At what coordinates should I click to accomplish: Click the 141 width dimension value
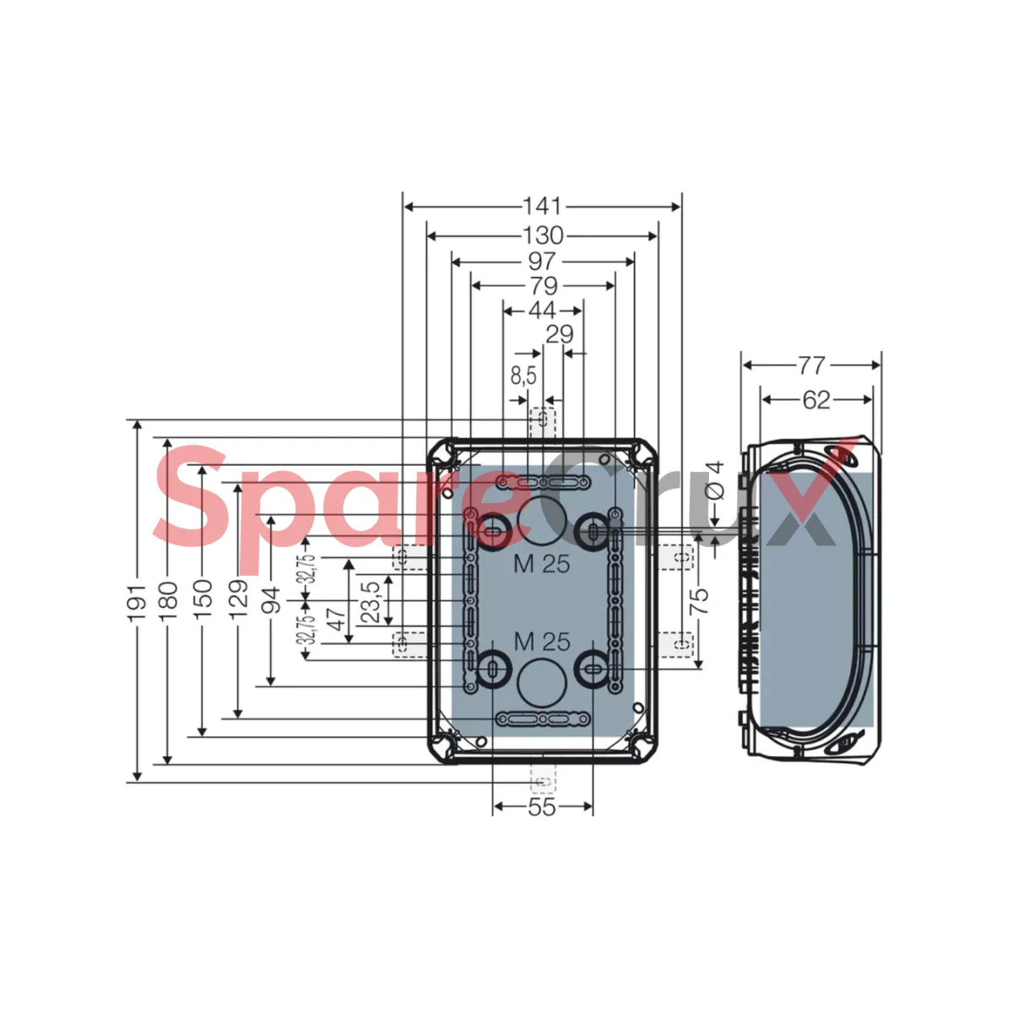(542, 207)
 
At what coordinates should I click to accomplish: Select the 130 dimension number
(543, 236)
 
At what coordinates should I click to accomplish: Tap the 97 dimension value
(542, 261)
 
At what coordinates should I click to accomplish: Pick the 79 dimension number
(543, 286)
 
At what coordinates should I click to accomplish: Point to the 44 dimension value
(542, 311)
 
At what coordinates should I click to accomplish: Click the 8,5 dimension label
(523, 376)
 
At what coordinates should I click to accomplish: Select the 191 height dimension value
(138, 602)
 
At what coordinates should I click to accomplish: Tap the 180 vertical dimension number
(168, 600)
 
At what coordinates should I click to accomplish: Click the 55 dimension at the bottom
(542, 807)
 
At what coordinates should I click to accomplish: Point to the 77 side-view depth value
(811, 366)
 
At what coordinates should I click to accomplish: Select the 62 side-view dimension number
(816, 401)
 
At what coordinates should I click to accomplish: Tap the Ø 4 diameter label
(714, 481)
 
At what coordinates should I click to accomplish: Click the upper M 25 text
(542, 564)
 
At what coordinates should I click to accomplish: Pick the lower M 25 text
(542, 642)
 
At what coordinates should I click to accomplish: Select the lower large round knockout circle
(541, 684)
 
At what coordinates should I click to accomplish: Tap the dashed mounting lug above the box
(543, 422)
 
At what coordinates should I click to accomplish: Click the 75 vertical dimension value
(700, 601)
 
